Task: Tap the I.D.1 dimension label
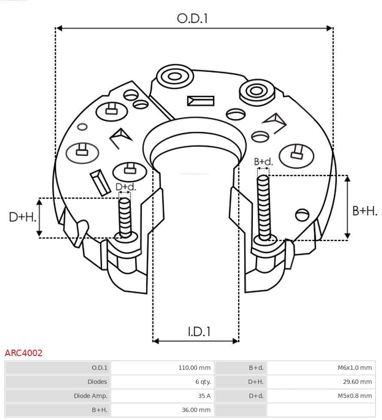click(199, 331)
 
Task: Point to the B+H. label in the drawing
click(364, 211)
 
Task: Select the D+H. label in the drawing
click(22, 217)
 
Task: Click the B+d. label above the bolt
click(263, 162)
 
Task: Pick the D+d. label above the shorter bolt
click(126, 187)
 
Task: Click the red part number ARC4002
click(24, 353)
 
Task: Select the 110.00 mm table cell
click(194, 368)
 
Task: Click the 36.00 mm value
click(196, 410)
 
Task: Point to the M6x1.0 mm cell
click(355, 368)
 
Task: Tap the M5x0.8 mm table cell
click(355, 396)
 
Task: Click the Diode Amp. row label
click(91, 396)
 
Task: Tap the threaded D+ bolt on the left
click(125, 217)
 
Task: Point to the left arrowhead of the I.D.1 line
click(156, 341)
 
